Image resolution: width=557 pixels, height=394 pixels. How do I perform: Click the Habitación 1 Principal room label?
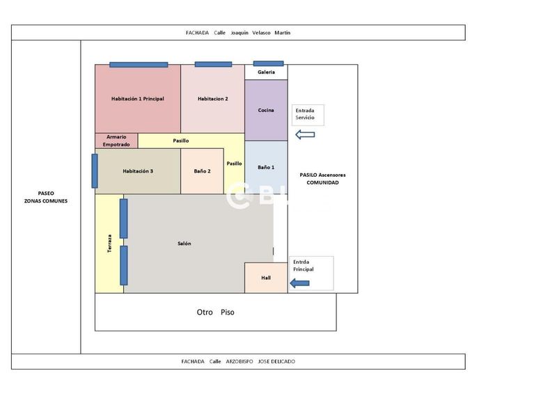tap(137, 99)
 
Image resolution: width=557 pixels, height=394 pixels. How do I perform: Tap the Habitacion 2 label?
tap(212, 99)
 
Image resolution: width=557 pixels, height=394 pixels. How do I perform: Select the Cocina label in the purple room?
tap(266, 110)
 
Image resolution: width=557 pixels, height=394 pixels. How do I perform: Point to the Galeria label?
tap(266, 72)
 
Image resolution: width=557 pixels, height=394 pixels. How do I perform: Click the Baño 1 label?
tap(266, 167)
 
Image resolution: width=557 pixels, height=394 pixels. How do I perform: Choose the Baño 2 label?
tap(202, 171)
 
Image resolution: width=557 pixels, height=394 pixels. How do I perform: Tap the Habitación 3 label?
tap(138, 171)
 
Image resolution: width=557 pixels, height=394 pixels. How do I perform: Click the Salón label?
tap(184, 244)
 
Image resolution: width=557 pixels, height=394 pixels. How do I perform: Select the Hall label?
tap(266, 278)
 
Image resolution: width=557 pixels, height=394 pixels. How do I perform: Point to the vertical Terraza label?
tap(109, 243)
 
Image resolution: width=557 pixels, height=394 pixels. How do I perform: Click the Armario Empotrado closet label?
tap(116, 141)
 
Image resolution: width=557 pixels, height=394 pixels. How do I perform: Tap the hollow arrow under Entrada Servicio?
tap(306, 134)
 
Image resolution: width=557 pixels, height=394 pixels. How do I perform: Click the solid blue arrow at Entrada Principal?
tap(299, 282)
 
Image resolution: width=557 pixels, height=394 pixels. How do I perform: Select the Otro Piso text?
tap(216, 313)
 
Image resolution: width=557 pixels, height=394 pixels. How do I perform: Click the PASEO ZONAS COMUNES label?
tap(46, 197)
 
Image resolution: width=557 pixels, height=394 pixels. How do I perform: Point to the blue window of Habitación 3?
tap(95, 171)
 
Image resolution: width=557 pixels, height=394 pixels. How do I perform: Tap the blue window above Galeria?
tap(268, 63)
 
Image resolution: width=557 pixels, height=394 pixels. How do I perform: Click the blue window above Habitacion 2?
tap(213, 64)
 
